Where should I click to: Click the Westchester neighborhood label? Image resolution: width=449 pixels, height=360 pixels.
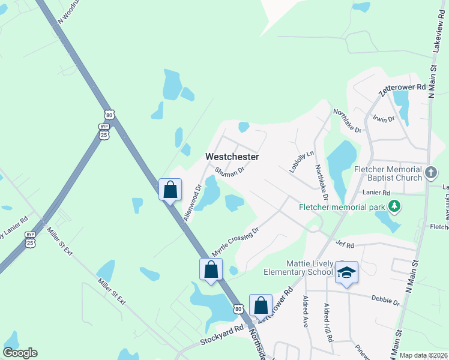232,157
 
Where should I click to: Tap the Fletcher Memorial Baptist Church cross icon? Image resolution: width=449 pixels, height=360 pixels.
430,173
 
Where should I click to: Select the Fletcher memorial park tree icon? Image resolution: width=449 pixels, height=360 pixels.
394,207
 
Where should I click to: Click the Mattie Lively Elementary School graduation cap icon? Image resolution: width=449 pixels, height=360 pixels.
346,272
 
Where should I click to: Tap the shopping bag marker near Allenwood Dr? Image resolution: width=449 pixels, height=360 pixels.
170,190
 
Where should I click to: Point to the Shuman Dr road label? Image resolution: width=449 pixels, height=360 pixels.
230,171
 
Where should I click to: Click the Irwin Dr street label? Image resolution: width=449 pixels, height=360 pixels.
383,119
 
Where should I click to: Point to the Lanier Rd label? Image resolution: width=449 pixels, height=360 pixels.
376,193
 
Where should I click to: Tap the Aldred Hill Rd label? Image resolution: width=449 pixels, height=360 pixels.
328,322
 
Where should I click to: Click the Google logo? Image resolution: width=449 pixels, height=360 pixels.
20,353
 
